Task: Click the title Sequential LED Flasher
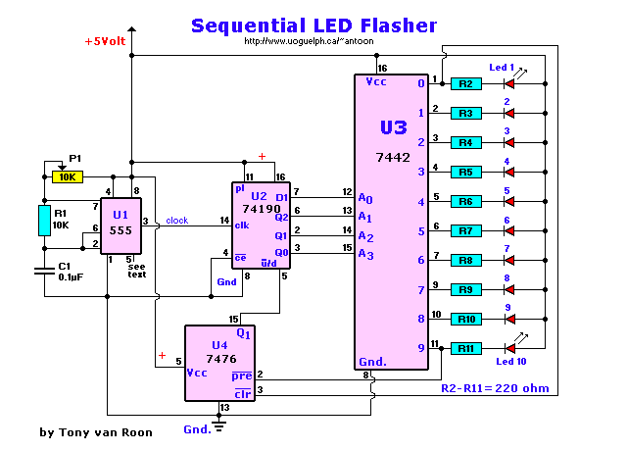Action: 313,25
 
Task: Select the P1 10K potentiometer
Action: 67,177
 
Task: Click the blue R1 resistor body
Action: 44,221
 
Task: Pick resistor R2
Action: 466,84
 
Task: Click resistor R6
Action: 466,202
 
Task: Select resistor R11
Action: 466,348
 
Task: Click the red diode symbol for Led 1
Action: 508,84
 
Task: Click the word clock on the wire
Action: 177,220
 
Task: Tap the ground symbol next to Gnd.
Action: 217,427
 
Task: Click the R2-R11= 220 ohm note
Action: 496,388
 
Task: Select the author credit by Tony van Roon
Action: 96,432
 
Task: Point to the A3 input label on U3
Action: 365,255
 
